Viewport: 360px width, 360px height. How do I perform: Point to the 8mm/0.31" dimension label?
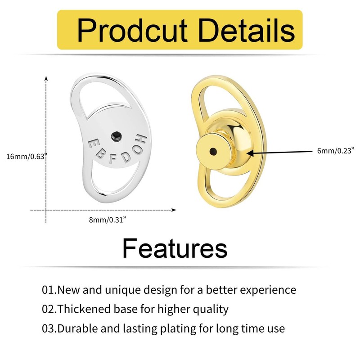tap(106, 219)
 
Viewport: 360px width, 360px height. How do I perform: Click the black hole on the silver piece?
tap(116, 135)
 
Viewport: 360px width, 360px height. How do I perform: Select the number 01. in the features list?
tap(49, 290)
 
